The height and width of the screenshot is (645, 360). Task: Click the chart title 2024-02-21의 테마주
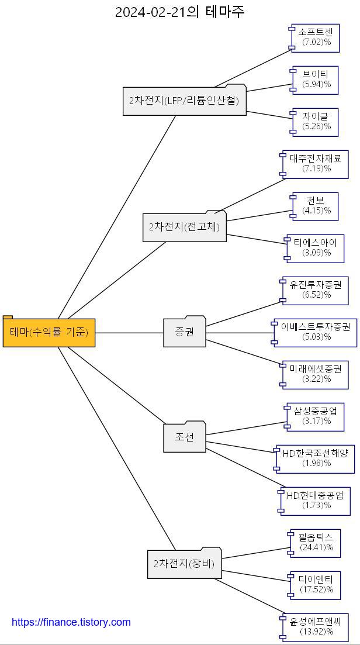click(x=179, y=12)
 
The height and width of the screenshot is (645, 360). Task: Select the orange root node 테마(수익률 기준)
click(x=49, y=333)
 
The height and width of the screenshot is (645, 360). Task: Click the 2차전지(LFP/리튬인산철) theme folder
click(x=184, y=101)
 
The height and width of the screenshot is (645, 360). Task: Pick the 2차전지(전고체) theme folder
click(x=184, y=227)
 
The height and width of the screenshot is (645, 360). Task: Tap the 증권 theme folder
click(x=184, y=332)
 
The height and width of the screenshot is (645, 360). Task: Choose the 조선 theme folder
click(x=184, y=437)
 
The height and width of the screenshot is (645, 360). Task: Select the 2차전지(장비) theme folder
click(x=184, y=564)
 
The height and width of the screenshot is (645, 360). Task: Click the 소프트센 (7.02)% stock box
click(x=316, y=37)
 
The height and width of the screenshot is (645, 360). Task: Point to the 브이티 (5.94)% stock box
click(x=316, y=80)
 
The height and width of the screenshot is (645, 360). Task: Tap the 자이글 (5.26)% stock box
click(x=316, y=122)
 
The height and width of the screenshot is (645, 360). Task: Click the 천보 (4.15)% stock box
click(x=316, y=206)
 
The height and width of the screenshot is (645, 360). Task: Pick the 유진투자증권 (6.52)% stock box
click(x=316, y=290)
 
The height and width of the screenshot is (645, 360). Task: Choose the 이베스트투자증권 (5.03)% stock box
click(x=316, y=332)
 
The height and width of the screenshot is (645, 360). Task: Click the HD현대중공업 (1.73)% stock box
click(x=316, y=501)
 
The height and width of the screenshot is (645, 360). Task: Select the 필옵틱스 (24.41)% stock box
click(x=316, y=543)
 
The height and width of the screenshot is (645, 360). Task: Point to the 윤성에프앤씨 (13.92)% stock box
click(x=316, y=627)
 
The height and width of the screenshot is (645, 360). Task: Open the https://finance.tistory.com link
click(x=71, y=622)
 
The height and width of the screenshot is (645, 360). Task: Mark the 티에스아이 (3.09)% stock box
click(x=316, y=248)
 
